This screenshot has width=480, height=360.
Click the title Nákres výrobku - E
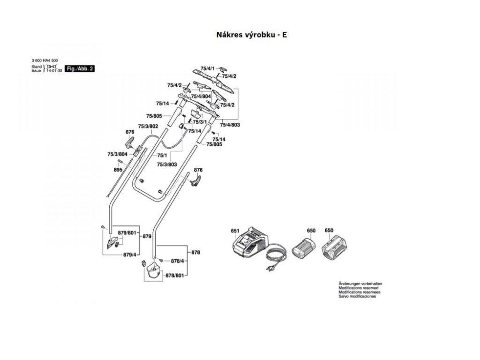coord(251,35)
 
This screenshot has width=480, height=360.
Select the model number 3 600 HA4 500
coord(45,61)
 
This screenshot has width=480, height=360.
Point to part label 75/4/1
coord(207,69)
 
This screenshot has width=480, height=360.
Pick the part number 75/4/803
coord(230,125)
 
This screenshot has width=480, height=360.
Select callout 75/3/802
coord(148,126)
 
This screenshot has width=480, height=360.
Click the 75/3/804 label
coord(117,154)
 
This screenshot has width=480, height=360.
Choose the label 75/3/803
coord(166,164)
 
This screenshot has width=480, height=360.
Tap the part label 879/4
coord(129,255)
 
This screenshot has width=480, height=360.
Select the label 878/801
coord(174,277)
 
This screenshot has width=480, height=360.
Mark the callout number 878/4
coord(177,261)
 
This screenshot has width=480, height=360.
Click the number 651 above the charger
coord(235,231)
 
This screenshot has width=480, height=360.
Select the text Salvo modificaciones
coord(357,297)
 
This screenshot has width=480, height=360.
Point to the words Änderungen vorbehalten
coord(360,284)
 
